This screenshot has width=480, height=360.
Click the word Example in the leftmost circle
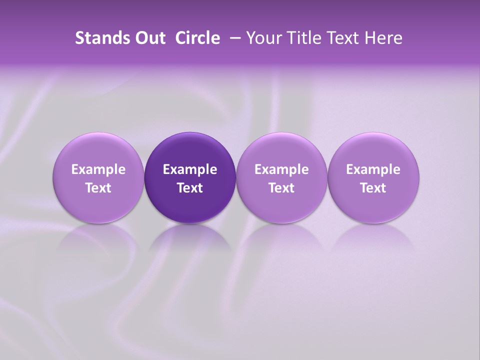98,169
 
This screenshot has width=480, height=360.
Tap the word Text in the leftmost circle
98,188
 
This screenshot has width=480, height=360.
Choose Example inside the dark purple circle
190,169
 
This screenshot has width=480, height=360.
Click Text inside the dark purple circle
190,188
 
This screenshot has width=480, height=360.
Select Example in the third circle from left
281,169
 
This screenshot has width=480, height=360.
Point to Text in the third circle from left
281,188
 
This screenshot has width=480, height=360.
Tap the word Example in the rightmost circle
373,169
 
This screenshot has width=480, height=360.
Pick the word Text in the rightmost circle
373,188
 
